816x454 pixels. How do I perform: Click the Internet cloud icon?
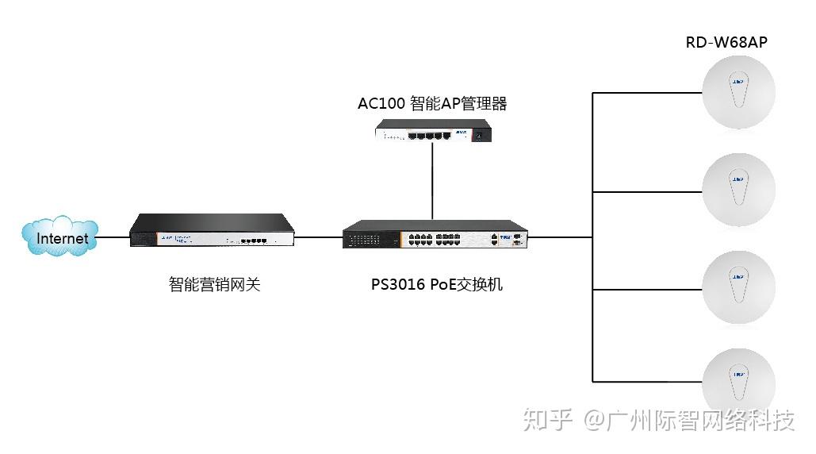click(62, 237)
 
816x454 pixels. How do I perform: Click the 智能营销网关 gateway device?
click(212, 231)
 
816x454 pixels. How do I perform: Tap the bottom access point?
click(738, 383)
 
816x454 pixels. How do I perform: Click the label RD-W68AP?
click(726, 42)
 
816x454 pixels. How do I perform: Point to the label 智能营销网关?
click(214, 284)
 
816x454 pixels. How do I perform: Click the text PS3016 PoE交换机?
click(437, 284)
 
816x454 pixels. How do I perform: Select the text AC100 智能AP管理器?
click(432, 104)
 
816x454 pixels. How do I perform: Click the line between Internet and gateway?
click(113, 237)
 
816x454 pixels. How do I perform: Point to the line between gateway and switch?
click(318, 237)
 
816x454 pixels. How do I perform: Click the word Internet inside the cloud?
click(63, 238)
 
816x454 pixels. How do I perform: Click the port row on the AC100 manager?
click(429, 136)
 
